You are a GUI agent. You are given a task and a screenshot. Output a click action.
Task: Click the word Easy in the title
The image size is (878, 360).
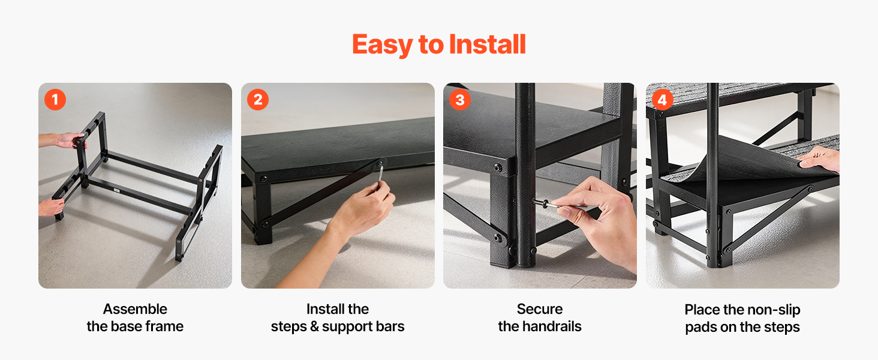pyautogui.click(x=382, y=45)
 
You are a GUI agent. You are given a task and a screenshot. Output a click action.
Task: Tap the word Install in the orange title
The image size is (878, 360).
pyautogui.click(x=487, y=44)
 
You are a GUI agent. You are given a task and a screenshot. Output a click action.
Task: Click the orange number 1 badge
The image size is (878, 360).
pyautogui.click(x=55, y=100)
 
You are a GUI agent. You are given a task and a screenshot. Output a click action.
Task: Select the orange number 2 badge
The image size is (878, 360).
pyautogui.click(x=257, y=100)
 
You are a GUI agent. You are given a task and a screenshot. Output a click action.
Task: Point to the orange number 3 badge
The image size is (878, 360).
pyautogui.click(x=460, y=100)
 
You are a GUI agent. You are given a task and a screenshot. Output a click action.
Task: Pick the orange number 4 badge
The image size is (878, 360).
pyautogui.click(x=663, y=100)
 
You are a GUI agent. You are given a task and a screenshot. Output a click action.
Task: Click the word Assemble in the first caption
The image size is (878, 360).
pyautogui.click(x=135, y=309)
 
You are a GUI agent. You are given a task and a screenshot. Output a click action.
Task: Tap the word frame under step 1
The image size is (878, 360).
pyautogui.click(x=164, y=326)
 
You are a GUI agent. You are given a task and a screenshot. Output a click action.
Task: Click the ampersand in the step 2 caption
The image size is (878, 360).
pyautogui.click(x=314, y=326)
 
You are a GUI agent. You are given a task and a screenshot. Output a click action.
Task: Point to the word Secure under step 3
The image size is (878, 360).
pyautogui.click(x=540, y=309)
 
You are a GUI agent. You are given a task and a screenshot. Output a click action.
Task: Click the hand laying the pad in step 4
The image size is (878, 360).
pyautogui.click(x=819, y=159)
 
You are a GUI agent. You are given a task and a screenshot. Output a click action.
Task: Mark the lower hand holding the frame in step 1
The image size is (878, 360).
pyautogui.click(x=51, y=206)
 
